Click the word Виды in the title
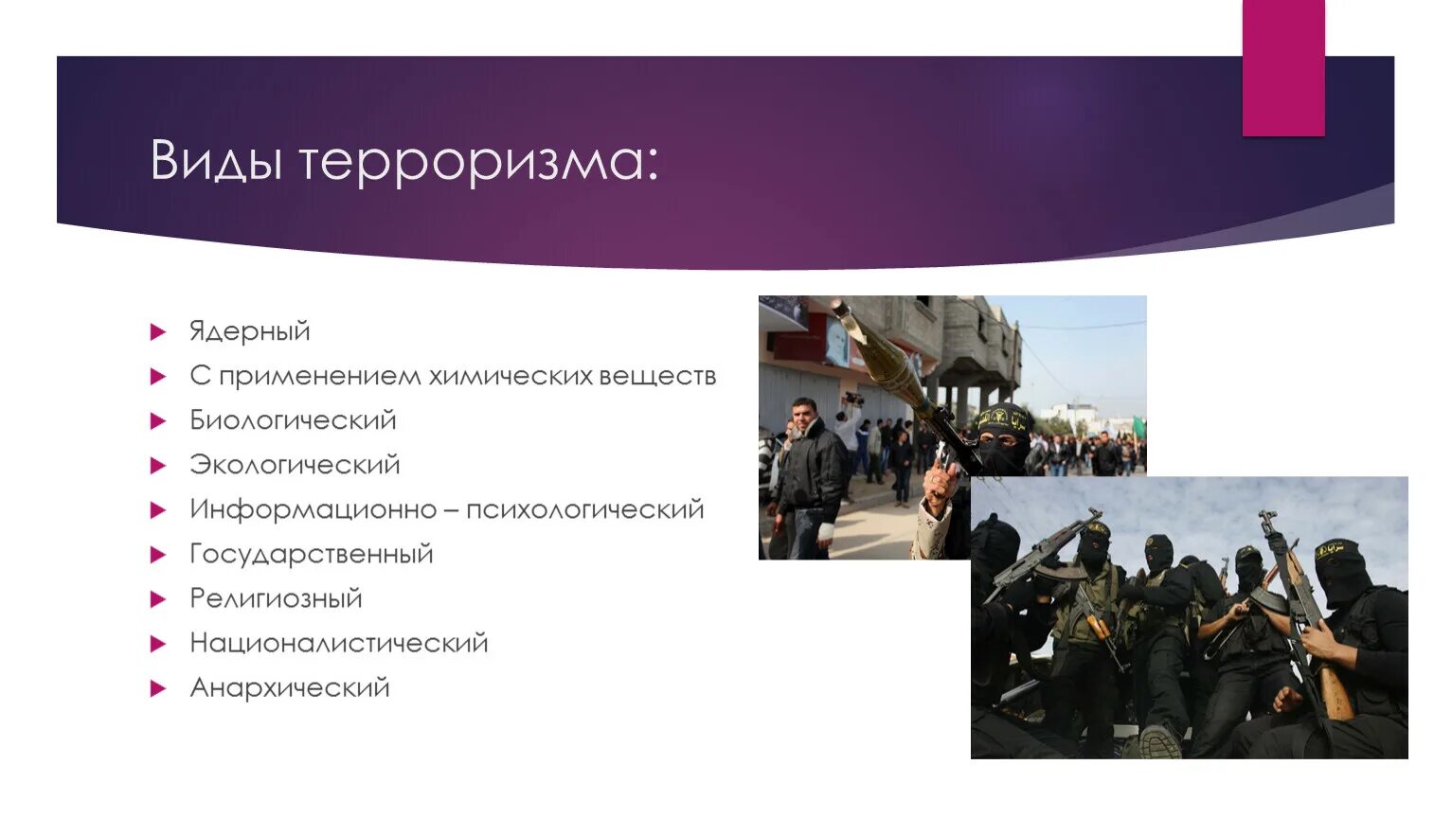pos(216,161)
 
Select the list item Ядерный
pos(250,331)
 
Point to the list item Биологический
pos(293,420)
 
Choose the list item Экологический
pos(295,465)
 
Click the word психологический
pos(584,509)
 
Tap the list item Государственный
pos(312,554)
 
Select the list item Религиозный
pos(276,598)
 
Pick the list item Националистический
pos(339,643)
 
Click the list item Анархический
pos(290,687)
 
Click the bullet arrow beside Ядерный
pos(158,332)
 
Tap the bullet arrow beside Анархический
pos(158,688)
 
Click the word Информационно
pos(313,509)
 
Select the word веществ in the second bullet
pos(657,376)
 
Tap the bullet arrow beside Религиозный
pos(158,599)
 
